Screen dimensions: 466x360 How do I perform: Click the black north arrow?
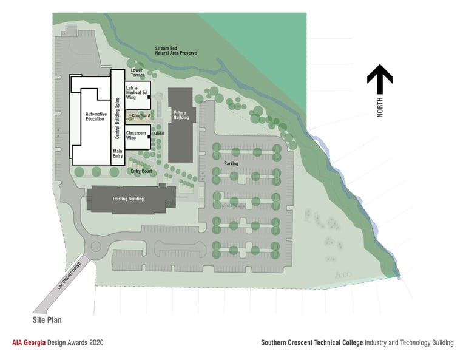point(379,77)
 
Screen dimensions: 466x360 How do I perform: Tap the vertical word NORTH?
point(380,107)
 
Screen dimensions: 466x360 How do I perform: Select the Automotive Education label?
point(96,117)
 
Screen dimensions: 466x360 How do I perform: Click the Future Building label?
point(180,115)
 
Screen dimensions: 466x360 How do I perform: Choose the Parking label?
point(231,163)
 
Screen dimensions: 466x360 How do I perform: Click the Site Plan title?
point(47,319)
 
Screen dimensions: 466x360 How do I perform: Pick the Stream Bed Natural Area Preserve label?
point(176,50)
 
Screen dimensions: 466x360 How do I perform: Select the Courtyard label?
point(140,115)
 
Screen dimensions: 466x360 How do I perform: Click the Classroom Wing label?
point(136,135)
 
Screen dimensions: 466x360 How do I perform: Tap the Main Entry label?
point(118,154)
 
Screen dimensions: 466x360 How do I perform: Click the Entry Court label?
point(141,171)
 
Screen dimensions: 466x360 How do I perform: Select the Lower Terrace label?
point(138,73)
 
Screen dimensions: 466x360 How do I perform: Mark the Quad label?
point(159,133)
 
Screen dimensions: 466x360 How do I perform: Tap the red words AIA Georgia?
point(29,342)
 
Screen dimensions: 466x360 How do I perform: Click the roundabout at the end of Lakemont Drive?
point(95,247)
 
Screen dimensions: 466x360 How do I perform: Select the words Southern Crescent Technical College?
point(312,342)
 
